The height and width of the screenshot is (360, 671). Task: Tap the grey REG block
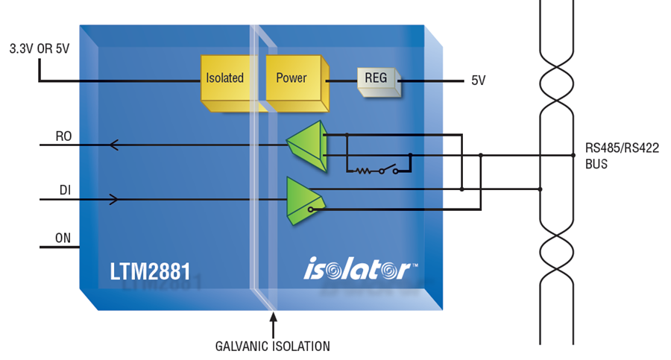pyautogui.click(x=379, y=81)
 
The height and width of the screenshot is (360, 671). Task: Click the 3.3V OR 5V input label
pyautogui.click(x=40, y=48)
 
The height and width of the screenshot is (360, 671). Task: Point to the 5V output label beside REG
pyautogui.click(x=479, y=80)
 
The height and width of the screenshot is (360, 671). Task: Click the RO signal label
pyautogui.click(x=64, y=136)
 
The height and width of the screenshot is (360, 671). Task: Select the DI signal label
pyautogui.click(x=65, y=190)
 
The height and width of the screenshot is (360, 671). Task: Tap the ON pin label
pyautogui.click(x=63, y=238)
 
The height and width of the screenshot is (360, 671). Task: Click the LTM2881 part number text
pyautogui.click(x=150, y=271)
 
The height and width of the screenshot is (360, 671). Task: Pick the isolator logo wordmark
pyautogui.click(x=358, y=268)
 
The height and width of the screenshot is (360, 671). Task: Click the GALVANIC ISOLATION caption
pyautogui.click(x=273, y=347)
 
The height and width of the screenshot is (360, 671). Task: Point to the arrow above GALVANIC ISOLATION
pyautogui.click(x=273, y=325)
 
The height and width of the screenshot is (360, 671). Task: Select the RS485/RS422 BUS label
pyautogui.click(x=622, y=156)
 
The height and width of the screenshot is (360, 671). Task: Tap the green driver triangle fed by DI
pyautogui.click(x=305, y=200)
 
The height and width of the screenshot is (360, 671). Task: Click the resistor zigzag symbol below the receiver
pyautogui.click(x=363, y=171)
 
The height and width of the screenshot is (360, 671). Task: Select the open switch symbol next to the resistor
pyautogui.click(x=388, y=169)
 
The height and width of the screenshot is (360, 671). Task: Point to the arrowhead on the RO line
pyautogui.click(x=113, y=145)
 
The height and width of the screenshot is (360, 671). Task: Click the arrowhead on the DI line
pyautogui.click(x=114, y=200)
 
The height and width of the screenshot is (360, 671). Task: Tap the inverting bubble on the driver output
pyautogui.click(x=311, y=209)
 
